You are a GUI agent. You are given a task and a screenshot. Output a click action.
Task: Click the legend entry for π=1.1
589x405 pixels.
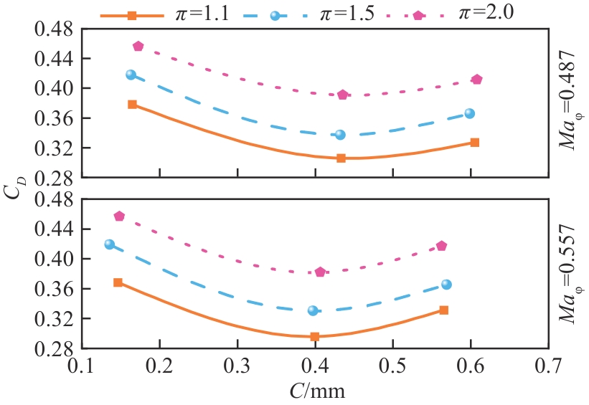click(x=165, y=13)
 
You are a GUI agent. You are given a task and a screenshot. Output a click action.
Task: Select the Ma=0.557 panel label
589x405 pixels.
click(x=570, y=273)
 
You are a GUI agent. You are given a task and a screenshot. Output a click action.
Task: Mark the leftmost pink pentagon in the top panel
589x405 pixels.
click(x=138, y=47)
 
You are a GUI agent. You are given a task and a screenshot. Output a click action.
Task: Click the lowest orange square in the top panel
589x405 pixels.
click(x=341, y=158)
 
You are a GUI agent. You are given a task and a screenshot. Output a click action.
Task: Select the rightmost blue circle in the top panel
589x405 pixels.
click(x=470, y=113)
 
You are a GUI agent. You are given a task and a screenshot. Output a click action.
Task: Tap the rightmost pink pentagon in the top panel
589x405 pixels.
click(x=477, y=80)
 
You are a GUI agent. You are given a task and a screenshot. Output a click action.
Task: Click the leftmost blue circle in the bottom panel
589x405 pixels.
click(x=109, y=244)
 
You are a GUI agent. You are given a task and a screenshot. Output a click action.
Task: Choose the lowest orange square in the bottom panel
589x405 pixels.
click(x=314, y=336)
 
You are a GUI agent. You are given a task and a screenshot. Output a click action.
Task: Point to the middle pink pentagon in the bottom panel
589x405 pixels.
click(x=320, y=272)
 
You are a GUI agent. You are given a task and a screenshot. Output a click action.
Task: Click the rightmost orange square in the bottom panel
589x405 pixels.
click(x=444, y=310)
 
